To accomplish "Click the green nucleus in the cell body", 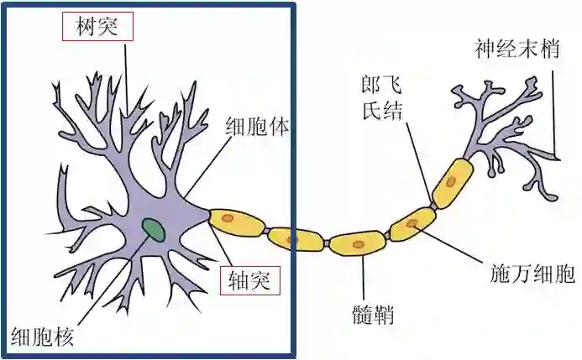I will coord(153,227).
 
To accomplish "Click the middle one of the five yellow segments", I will coord(357,244).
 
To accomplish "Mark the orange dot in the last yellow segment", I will coord(452,180).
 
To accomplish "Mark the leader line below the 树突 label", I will coord(127,76).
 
